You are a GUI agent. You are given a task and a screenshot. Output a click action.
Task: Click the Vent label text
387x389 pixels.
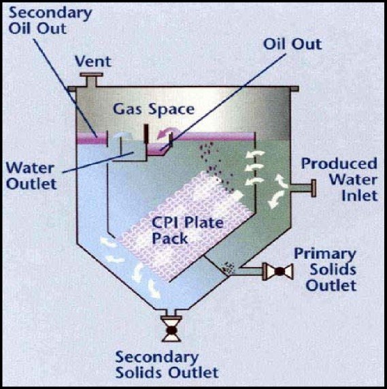point(93,61)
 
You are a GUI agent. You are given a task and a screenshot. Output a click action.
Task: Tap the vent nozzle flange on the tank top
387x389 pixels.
point(91,75)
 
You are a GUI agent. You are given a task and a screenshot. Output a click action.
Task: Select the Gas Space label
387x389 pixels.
point(154,110)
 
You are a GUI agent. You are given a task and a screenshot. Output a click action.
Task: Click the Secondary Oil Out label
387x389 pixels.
point(50,21)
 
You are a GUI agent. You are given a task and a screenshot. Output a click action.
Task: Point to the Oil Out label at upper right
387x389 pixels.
point(292,44)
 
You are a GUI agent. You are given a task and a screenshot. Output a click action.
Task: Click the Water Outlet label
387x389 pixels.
point(31,176)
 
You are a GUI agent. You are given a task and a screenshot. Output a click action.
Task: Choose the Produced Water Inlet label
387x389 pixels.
point(339,179)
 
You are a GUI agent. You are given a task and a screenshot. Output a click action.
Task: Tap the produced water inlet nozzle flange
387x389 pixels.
point(314,188)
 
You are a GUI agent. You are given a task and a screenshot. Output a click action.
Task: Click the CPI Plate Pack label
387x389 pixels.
point(188,230)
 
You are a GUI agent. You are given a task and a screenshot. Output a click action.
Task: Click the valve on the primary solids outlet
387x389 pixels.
point(280,272)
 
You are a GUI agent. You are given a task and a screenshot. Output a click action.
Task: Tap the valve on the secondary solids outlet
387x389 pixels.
point(171,330)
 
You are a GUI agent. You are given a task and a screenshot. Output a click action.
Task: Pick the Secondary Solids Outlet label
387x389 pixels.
point(167,364)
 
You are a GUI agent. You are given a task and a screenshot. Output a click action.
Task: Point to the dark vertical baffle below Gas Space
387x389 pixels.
point(146,134)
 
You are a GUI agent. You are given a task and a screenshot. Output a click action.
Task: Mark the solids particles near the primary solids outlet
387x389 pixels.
point(228,268)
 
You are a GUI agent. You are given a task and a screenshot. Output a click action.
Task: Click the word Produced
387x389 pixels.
point(339,164)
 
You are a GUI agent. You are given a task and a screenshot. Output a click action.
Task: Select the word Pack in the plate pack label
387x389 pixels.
point(170,238)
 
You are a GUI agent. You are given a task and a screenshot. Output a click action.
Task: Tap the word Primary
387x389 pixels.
point(325,255)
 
